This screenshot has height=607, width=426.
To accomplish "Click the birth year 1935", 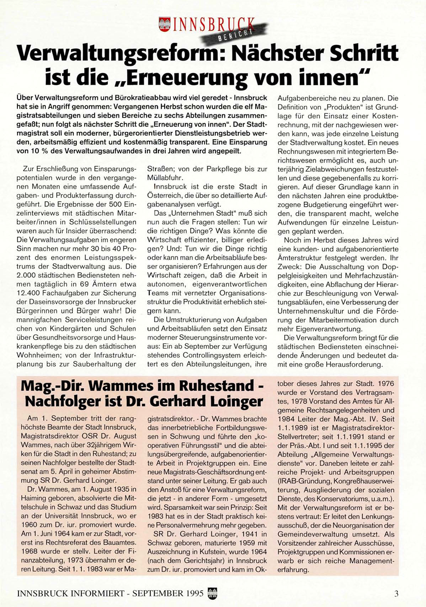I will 118,489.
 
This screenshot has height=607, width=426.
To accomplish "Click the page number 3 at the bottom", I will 396,593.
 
